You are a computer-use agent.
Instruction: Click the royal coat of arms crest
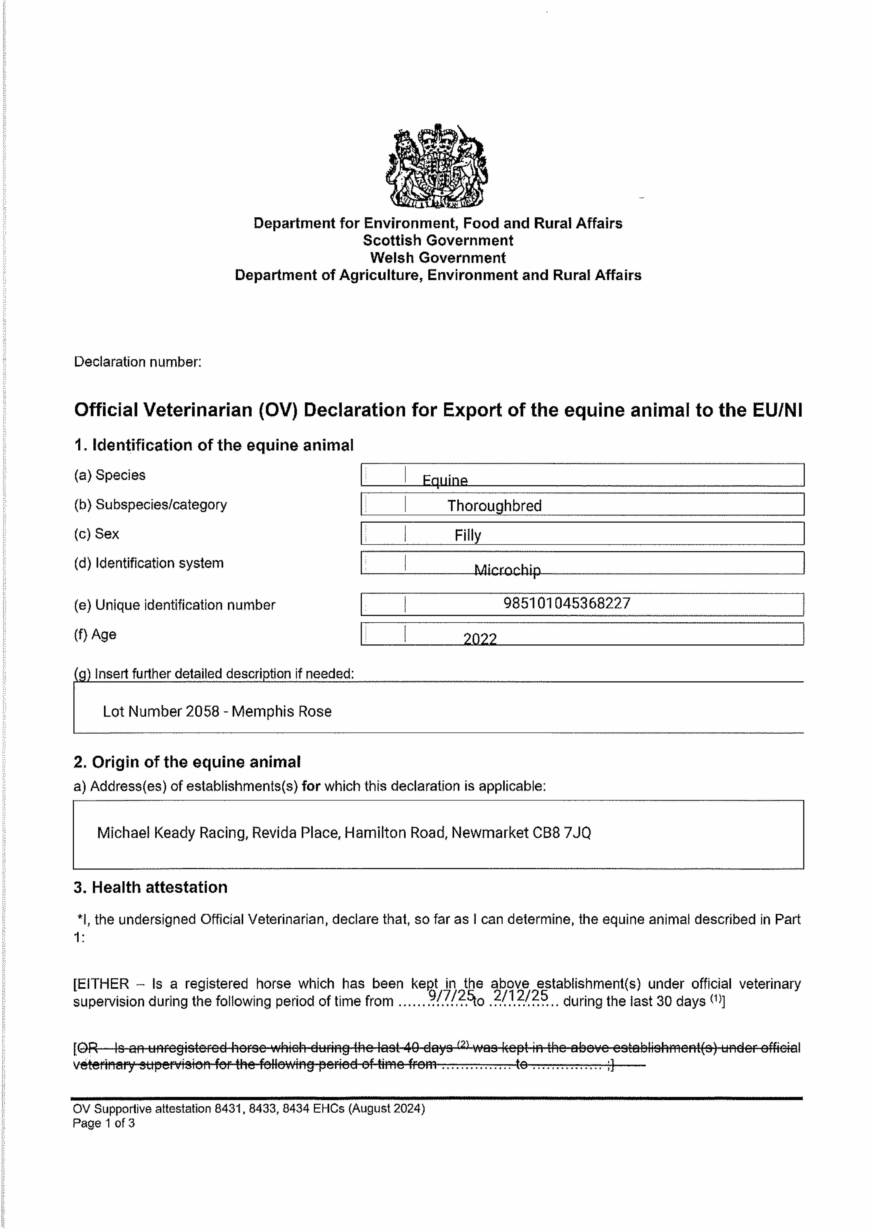point(437,166)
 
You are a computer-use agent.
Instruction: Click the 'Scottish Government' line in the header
point(438,240)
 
